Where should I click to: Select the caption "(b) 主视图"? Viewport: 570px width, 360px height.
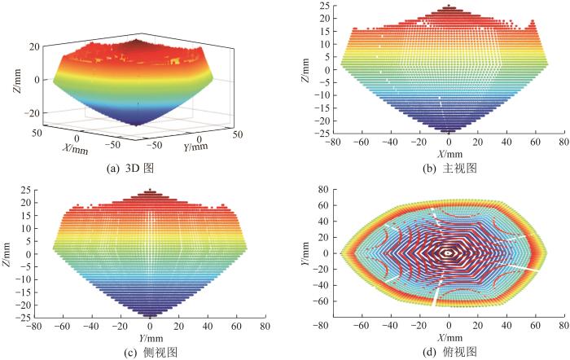[445, 167]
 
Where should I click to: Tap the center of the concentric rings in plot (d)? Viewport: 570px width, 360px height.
[446, 253]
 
